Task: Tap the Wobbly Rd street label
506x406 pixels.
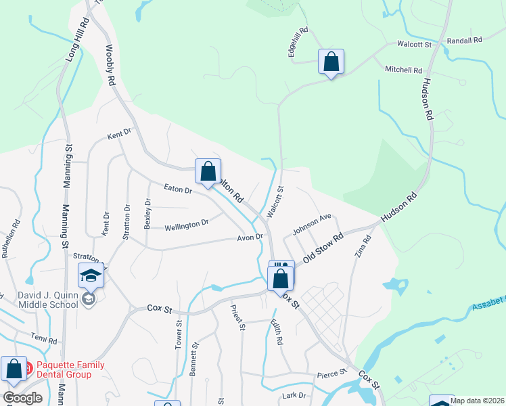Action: pyautogui.click(x=109, y=66)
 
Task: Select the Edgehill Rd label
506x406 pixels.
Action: pyautogui.click(x=298, y=41)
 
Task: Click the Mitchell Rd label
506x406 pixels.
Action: pyautogui.click(x=403, y=70)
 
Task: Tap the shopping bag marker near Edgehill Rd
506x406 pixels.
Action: pyautogui.click(x=331, y=62)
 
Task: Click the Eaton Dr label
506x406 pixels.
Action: pyautogui.click(x=179, y=190)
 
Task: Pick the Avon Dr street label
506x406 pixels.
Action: pyautogui.click(x=249, y=238)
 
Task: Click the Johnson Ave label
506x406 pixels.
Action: pyautogui.click(x=311, y=225)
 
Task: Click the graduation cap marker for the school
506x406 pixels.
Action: pyautogui.click(x=91, y=275)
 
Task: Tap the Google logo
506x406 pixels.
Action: pyautogui.click(x=22, y=398)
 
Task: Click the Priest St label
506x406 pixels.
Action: pyautogui.click(x=238, y=318)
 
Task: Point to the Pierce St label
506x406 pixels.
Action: pyautogui.click(x=332, y=373)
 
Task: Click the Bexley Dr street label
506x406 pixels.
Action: pyautogui.click(x=147, y=213)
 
